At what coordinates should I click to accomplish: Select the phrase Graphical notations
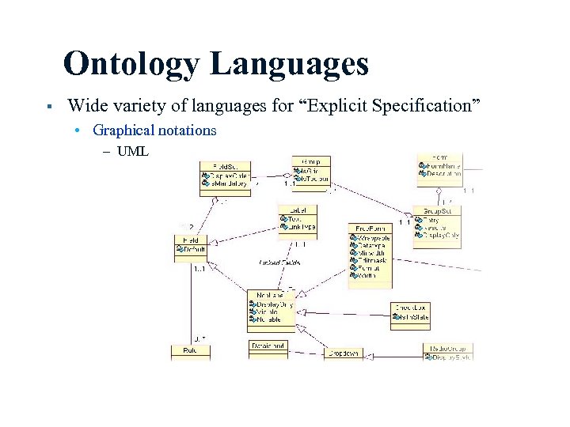(154, 130)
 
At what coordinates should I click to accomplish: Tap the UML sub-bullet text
(132, 150)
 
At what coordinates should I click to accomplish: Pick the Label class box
(298, 218)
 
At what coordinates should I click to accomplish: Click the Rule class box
(190, 350)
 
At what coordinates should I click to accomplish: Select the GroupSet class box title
(437, 211)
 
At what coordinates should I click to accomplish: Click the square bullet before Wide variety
(49, 106)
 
